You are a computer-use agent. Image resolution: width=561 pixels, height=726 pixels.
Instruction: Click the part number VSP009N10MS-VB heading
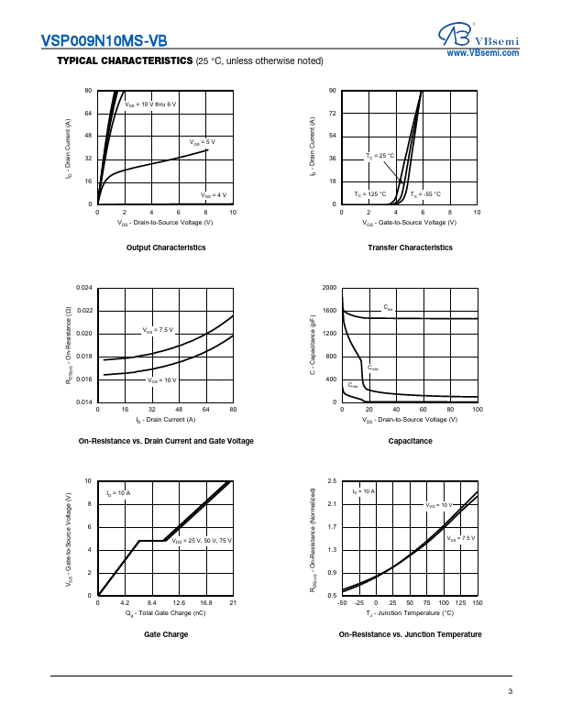pyautogui.click(x=104, y=41)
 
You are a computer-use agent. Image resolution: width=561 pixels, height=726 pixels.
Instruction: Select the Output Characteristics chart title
pyautogui.click(x=166, y=247)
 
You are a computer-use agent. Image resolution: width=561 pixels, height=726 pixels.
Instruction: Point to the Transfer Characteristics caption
pyautogui.click(x=410, y=247)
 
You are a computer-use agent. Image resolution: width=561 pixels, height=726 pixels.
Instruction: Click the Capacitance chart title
pyautogui.click(x=410, y=441)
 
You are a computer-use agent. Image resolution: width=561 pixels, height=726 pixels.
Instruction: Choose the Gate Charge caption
pyautogui.click(x=166, y=634)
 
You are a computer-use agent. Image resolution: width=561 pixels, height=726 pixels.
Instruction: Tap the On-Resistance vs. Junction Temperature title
pyautogui.click(x=410, y=634)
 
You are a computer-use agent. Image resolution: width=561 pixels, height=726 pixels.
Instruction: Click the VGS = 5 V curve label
pyautogui.click(x=203, y=142)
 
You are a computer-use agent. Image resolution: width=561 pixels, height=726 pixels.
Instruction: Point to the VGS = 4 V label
pyautogui.click(x=214, y=195)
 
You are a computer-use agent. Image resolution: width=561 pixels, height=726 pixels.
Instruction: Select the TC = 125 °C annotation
pyautogui.click(x=370, y=194)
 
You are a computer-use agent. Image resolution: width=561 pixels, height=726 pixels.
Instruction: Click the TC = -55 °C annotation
pyautogui.click(x=425, y=194)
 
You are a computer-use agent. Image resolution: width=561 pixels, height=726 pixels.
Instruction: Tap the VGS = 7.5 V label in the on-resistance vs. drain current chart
pyautogui.click(x=158, y=329)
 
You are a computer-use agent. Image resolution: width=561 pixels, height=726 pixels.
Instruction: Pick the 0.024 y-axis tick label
pyautogui.click(x=83, y=288)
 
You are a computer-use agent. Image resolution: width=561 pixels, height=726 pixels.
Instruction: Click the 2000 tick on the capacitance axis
pyautogui.click(x=329, y=288)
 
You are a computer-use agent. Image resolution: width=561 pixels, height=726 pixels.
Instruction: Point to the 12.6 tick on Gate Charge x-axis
pyautogui.click(x=179, y=603)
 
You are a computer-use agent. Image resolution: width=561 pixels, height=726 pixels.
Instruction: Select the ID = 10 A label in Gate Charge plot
pyautogui.click(x=117, y=493)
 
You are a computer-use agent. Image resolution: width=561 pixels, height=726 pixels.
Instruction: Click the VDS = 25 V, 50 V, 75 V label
pyautogui.click(x=202, y=542)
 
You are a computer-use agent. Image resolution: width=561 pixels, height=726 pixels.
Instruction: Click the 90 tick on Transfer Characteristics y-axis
pyautogui.click(x=333, y=91)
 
